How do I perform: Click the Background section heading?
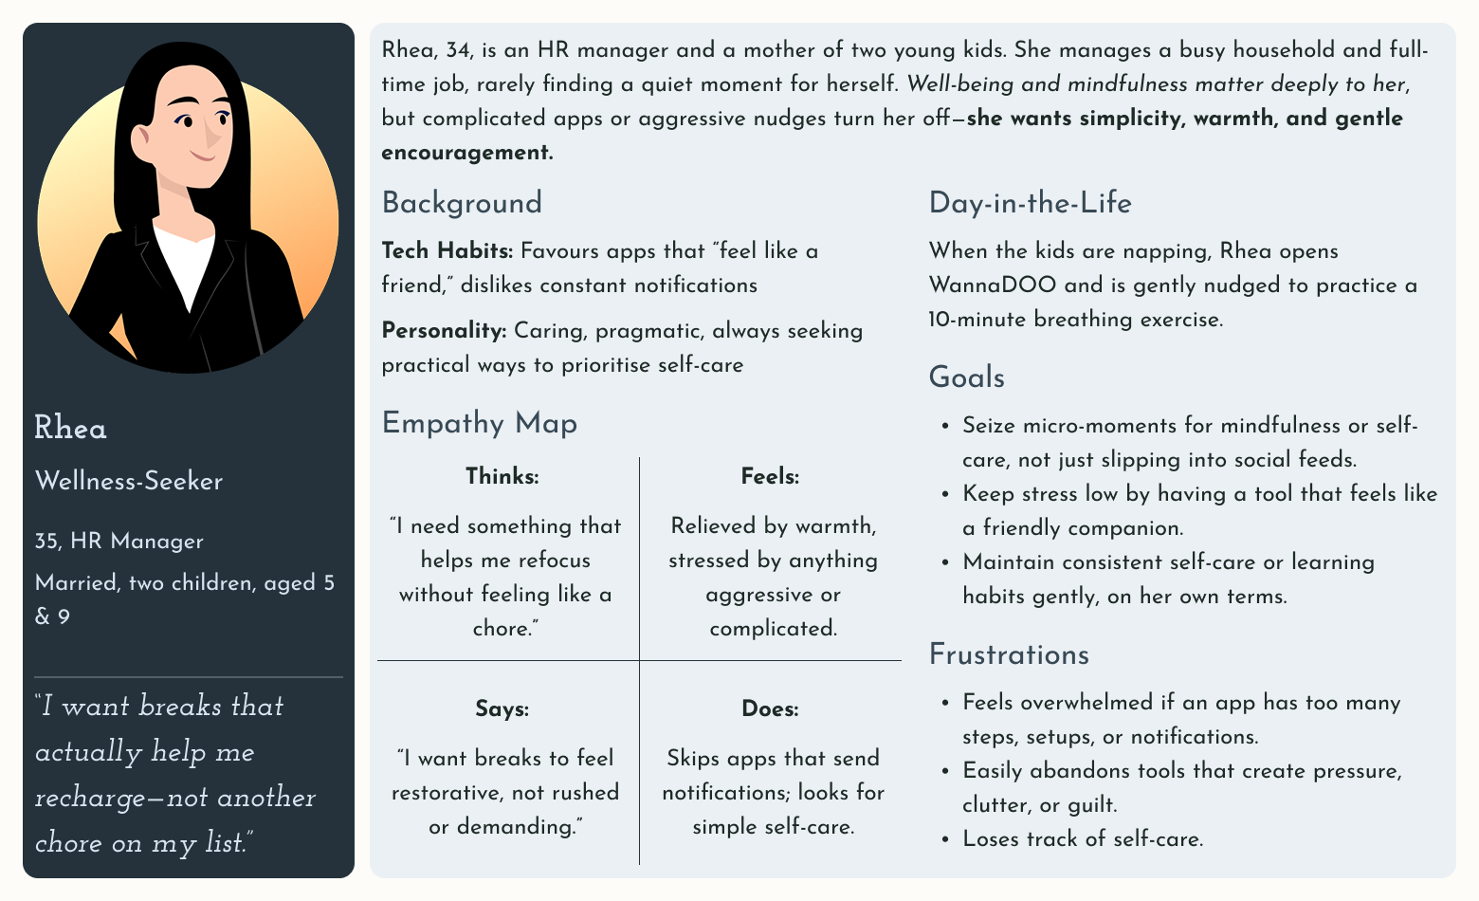[x=462, y=203]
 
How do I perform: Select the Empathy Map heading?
[x=479, y=423]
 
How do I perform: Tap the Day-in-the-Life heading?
[x=1030, y=203]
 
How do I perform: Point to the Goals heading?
[x=966, y=377]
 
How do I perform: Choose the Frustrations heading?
[x=1009, y=654]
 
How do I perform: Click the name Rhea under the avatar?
[x=70, y=429]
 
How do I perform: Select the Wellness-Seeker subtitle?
[x=129, y=482]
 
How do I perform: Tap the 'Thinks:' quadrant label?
[x=502, y=476]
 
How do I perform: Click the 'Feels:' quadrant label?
[x=770, y=476]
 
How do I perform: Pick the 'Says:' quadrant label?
[x=502, y=709]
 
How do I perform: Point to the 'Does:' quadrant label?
[x=770, y=709]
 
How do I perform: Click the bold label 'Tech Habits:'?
[x=447, y=251]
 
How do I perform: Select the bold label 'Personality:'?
[x=444, y=331]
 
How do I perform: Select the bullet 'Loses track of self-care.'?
[x=1083, y=839]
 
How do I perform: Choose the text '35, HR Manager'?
[x=119, y=542]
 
